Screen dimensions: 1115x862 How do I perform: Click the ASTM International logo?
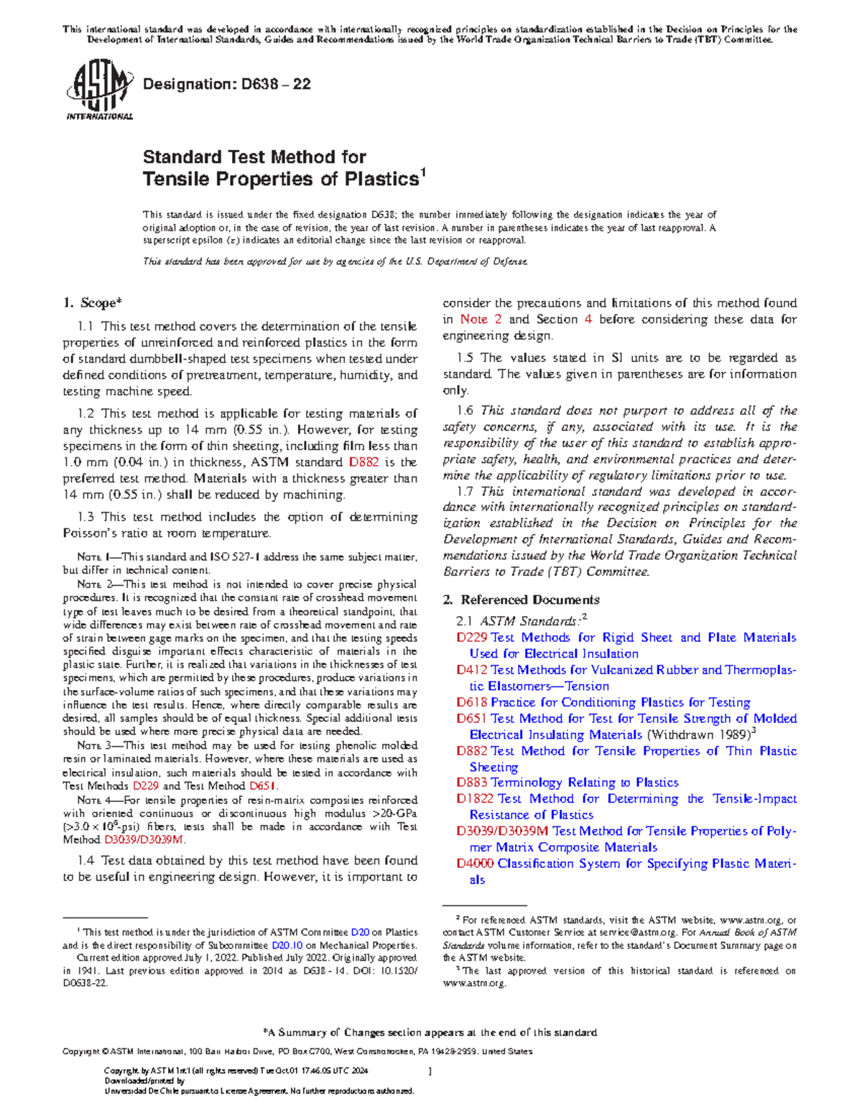pyautogui.click(x=99, y=90)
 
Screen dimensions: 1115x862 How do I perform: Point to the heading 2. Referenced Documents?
pyautogui.click(x=522, y=600)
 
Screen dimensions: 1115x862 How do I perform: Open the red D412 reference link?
pyautogui.click(x=471, y=670)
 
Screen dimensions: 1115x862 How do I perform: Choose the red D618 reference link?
pyautogui.click(x=471, y=702)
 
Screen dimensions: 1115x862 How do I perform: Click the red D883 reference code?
pyautogui.click(x=471, y=783)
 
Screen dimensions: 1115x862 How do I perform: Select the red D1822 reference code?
pyautogui.click(x=475, y=798)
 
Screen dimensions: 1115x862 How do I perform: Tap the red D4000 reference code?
pyautogui.click(x=475, y=863)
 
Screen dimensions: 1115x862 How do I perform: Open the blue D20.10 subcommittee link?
pyautogui.click(x=287, y=946)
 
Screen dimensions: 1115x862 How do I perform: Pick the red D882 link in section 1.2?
pyautogui.click(x=364, y=462)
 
